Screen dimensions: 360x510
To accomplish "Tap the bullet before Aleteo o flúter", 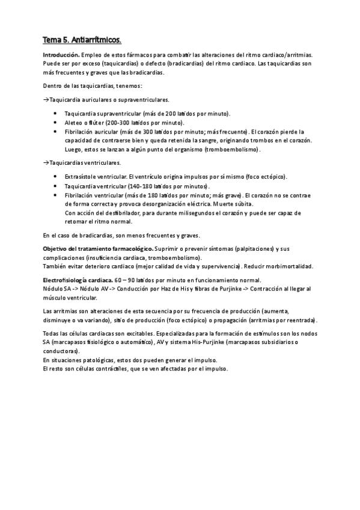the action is coord(56,123).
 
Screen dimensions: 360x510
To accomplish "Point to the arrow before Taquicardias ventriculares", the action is coord(46,163).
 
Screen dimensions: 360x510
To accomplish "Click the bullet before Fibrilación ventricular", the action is coord(56,195).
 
